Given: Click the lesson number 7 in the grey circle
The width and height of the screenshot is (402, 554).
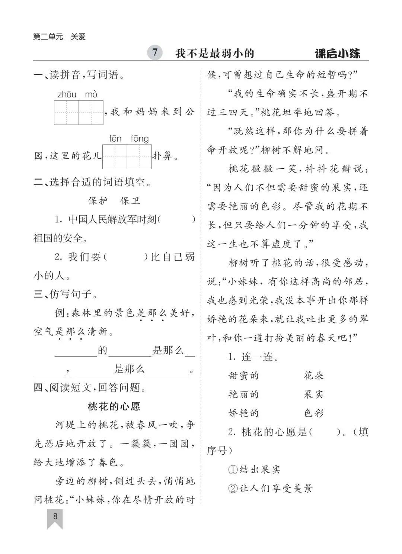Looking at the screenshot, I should tap(155, 52).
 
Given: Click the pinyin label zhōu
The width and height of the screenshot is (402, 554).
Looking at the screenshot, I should tap(67, 94).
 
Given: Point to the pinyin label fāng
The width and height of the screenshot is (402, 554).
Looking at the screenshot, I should tap(140, 139).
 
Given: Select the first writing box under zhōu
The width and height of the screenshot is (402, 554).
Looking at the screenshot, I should tap(66, 112).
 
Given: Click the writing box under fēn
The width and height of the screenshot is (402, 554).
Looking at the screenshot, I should tap(115, 157).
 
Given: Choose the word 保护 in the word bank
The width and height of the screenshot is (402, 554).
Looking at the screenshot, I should tap(98, 201).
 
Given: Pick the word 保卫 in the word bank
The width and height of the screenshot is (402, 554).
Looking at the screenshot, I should tap(130, 201).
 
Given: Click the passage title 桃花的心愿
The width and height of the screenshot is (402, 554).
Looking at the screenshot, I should tap(114, 406).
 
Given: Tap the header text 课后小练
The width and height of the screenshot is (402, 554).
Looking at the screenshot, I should tap(338, 54).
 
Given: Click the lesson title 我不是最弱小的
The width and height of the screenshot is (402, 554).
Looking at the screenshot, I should tap(215, 53).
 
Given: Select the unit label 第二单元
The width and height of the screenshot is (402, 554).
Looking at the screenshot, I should tap(48, 37).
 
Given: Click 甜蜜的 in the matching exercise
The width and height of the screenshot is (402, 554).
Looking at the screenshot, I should tap(243, 376).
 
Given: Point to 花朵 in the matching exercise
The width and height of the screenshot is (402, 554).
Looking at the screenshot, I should tap(313, 376).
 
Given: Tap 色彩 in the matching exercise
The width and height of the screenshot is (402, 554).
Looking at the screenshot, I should tap(313, 413).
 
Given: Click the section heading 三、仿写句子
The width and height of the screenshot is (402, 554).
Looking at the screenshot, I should tap(66, 294).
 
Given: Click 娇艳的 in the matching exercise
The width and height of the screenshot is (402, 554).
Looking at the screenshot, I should tap(243, 413).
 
